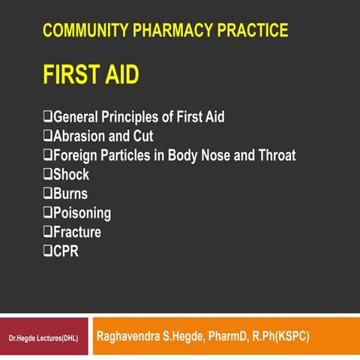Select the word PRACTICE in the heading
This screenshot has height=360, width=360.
tap(250, 31)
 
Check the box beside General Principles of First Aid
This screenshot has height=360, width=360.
tap(48, 117)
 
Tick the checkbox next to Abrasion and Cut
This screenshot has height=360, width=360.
tap(48, 136)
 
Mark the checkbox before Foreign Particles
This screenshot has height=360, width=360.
tap(48, 156)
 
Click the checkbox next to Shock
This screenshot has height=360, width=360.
tap(48, 175)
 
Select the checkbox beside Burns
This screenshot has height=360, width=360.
tap(48, 194)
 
